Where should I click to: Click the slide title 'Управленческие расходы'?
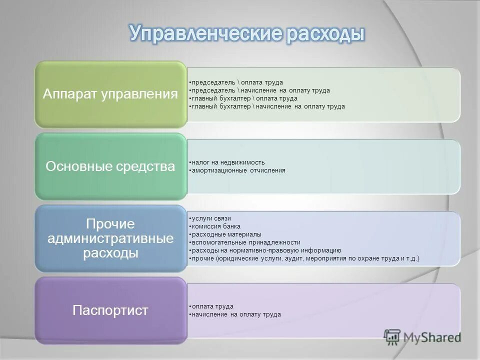pos(247,34)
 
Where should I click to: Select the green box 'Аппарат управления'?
pos(110,94)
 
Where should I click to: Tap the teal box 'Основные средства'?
pos(110,166)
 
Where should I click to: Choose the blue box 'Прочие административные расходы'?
pos(110,238)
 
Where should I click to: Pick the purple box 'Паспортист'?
pos(110,310)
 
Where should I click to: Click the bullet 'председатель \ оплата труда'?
pos(236,82)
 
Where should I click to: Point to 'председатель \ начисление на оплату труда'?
pos(260,90)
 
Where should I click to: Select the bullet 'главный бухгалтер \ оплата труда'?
pos(243,98)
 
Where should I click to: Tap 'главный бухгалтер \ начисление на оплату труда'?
pos(267,106)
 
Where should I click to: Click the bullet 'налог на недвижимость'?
pos(227,162)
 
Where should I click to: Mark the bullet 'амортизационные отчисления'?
pos(238,170)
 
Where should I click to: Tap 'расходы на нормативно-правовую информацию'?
pos(265,250)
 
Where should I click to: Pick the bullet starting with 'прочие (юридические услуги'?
pos(304,258)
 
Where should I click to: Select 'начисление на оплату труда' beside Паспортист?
pos(235,314)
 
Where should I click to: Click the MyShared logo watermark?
pos(422,336)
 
